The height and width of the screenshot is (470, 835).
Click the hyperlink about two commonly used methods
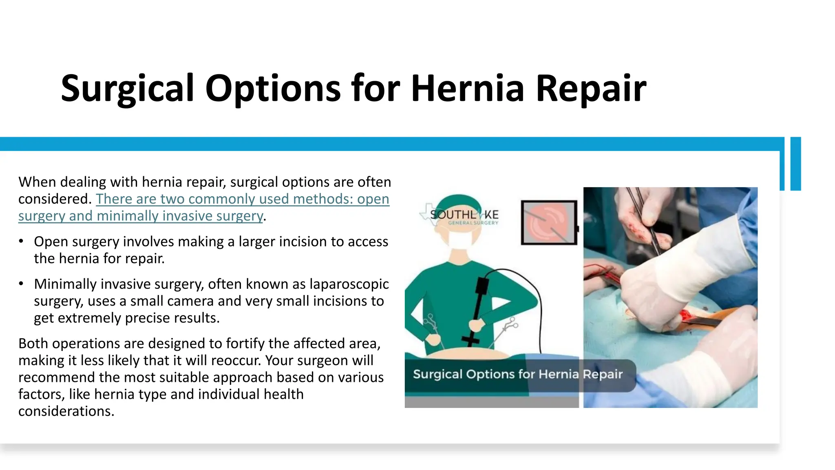204,207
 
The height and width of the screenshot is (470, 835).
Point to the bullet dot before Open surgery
21,241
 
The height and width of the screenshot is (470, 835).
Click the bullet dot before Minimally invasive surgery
21,284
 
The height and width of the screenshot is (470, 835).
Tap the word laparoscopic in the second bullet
349,284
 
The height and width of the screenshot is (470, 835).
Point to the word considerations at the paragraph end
66,411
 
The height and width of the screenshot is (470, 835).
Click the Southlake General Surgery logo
459,215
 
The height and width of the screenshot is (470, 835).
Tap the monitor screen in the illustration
549,223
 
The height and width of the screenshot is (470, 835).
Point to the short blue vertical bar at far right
796,164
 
